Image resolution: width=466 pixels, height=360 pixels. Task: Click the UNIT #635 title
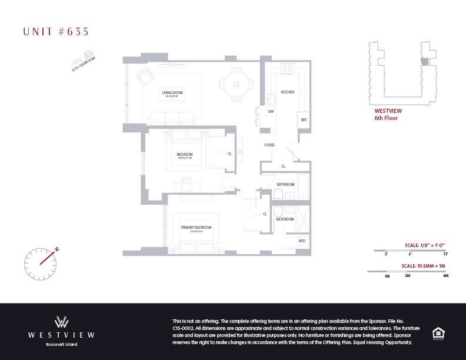tap(56, 32)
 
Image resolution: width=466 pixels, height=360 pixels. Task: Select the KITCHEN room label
tap(287, 92)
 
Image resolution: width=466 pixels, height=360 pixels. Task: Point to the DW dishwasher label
tap(271, 111)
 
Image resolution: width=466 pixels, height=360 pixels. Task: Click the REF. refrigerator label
tap(304, 120)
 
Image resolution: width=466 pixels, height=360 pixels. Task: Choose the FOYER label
tap(269, 145)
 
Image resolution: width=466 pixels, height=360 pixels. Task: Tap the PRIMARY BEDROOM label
tap(196, 227)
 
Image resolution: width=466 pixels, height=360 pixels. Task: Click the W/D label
tap(302, 241)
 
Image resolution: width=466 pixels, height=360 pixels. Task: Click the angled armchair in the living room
tap(145, 78)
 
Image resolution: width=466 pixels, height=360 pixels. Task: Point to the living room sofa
tap(172, 118)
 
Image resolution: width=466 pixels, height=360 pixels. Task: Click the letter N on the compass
tap(57, 249)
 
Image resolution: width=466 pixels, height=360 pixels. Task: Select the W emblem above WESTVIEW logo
tap(62, 322)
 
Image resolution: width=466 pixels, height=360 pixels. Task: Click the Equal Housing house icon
tap(438, 332)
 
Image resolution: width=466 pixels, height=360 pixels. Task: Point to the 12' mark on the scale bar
tap(445, 254)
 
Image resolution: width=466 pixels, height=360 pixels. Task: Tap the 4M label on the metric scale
tap(445, 275)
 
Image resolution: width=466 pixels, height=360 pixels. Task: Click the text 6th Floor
tap(387, 118)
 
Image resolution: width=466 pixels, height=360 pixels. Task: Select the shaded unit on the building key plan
tap(424, 62)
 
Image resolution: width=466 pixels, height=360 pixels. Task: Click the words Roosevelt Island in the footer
tap(62, 344)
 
